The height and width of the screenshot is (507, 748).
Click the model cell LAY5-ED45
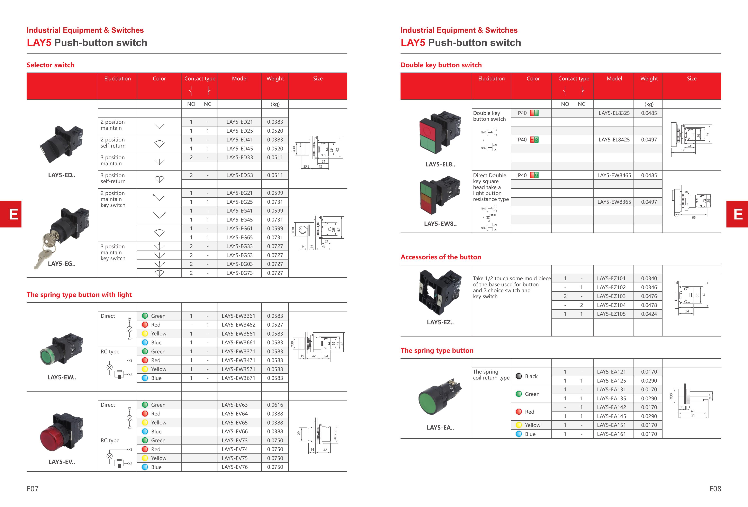point(240,149)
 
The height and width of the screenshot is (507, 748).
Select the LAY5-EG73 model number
point(240,273)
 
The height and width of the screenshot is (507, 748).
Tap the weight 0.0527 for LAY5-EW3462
point(275,325)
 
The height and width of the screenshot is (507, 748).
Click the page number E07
point(33,489)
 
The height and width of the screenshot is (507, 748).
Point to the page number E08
point(715,489)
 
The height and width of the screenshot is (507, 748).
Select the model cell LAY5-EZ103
point(611,296)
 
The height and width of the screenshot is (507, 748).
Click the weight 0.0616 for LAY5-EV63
point(275,405)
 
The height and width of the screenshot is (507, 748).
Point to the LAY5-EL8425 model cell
point(614,140)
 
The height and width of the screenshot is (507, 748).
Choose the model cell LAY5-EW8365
point(614,202)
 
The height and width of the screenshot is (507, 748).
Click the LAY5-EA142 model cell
point(611,407)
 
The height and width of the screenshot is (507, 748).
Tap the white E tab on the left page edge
point(13,214)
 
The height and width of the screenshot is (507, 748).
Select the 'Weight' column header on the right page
point(649,78)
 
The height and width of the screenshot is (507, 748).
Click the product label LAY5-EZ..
point(440,322)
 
